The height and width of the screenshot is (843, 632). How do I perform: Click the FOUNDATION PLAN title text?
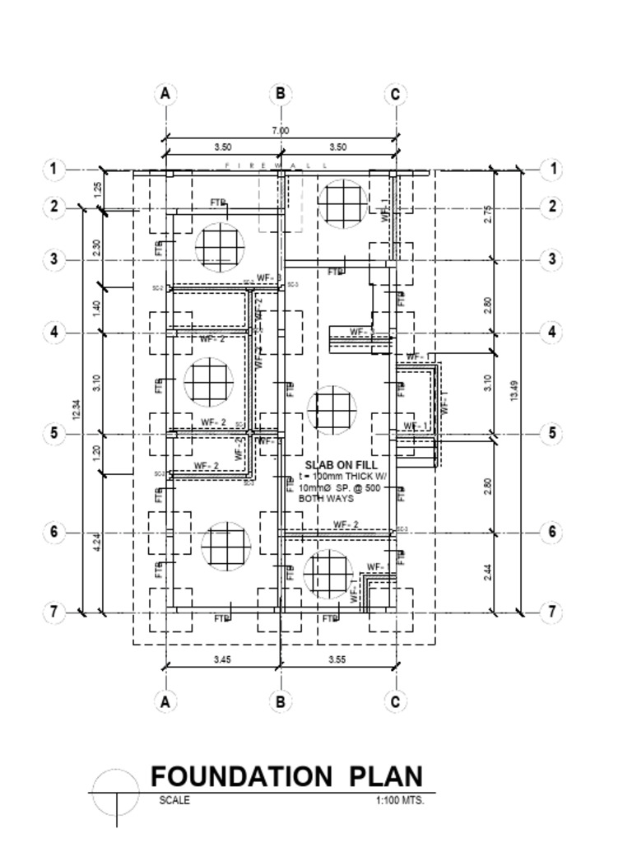click(x=286, y=776)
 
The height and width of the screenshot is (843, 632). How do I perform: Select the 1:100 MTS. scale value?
click(x=399, y=800)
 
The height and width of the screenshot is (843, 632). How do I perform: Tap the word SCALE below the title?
click(x=174, y=800)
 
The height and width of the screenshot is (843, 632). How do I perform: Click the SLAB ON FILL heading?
click(x=341, y=465)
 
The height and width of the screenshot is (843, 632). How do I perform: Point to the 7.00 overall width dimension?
click(x=281, y=130)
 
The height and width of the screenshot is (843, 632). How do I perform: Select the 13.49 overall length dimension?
click(x=514, y=391)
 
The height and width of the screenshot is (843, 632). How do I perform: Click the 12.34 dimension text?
click(x=77, y=409)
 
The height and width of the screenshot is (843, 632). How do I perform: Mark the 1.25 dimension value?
click(x=98, y=189)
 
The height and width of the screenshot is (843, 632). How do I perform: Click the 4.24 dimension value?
click(x=98, y=543)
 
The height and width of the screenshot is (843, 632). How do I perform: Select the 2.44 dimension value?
click(x=488, y=572)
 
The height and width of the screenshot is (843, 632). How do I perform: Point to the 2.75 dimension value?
click(x=488, y=214)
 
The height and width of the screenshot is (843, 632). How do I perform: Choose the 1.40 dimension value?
click(x=98, y=309)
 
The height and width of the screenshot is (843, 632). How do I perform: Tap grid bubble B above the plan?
click(x=281, y=94)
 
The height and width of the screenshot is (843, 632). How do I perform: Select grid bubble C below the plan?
click(x=395, y=701)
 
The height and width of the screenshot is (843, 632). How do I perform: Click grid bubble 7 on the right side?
click(x=552, y=612)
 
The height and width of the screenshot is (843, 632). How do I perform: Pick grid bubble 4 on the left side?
click(x=53, y=333)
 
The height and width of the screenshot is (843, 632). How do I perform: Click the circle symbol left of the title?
click(x=116, y=794)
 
